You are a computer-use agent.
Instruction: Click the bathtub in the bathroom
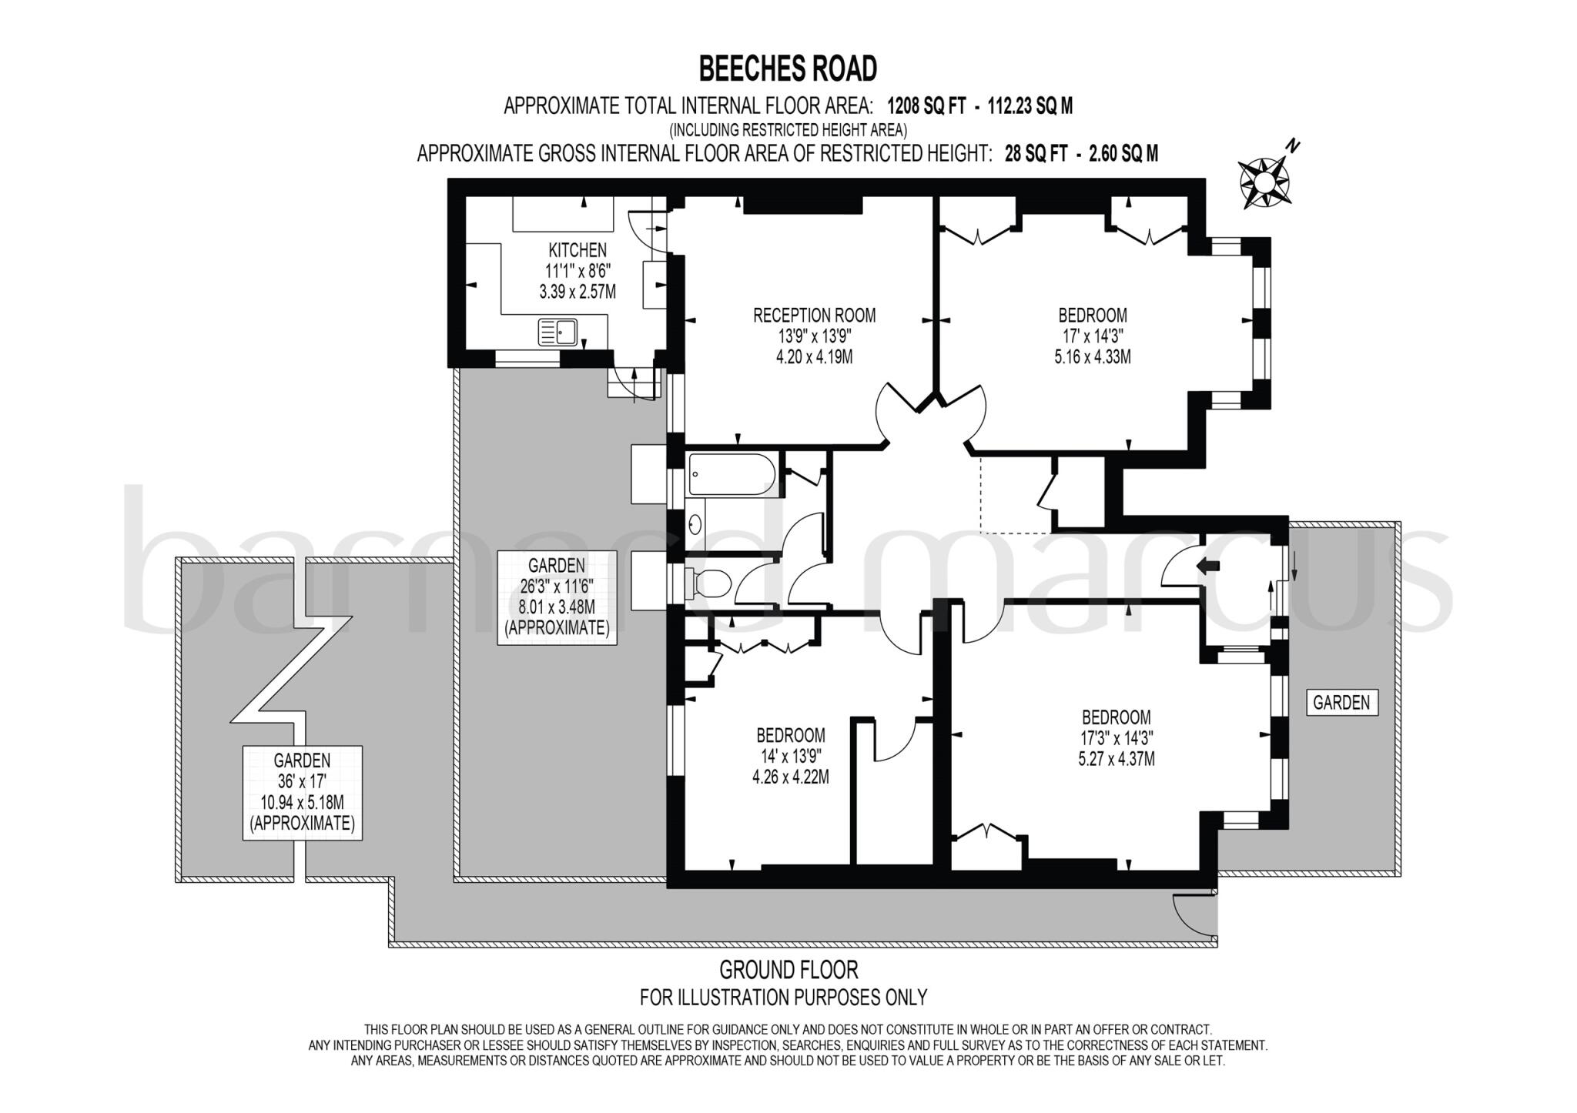[732, 475]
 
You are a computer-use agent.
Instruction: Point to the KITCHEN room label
[577, 250]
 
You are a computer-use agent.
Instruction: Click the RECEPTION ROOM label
[814, 315]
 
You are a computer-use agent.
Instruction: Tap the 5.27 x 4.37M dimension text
[1117, 759]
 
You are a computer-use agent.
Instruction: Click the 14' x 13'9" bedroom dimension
[790, 756]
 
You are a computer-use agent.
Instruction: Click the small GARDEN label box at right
[1341, 702]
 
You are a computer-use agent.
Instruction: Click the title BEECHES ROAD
[787, 69]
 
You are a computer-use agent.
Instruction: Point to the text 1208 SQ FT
[926, 106]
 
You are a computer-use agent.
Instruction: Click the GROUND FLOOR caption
[788, 969]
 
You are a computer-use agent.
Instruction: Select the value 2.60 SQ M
[1122, 154]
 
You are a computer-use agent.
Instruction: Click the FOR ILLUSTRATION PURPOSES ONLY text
[783, 998]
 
